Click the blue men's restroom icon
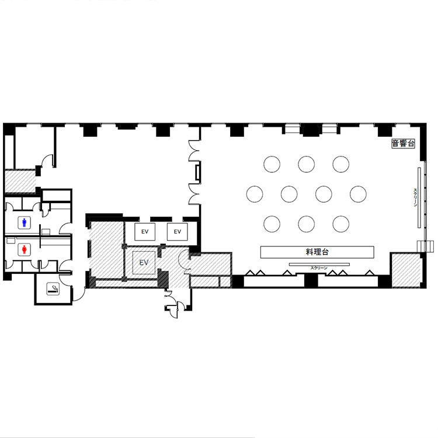tap(25, 223)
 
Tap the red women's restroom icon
tap(25, 249)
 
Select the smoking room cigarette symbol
tap(53, 288)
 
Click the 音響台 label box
tap(403, 144)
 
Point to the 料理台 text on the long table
tap(317, 252)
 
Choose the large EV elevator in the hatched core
tap(144, 263)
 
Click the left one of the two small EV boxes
tap(145, 232)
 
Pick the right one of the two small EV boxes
tap(178, 232)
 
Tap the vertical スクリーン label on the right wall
tap(415, 197)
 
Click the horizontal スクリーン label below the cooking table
tap(319, 268)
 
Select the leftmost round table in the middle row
tap(255, 194)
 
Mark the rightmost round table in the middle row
tap(358, 194)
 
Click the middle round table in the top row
tap(307, 164)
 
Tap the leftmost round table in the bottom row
tap(272, 224)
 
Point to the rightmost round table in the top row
tap(341, 164)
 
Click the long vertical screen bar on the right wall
tap(419, 197)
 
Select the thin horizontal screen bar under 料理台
tap(319, 264)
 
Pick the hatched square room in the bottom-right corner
tap(406, 270)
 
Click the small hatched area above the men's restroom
tap(20, 181)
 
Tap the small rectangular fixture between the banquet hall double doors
tap(197, 173)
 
